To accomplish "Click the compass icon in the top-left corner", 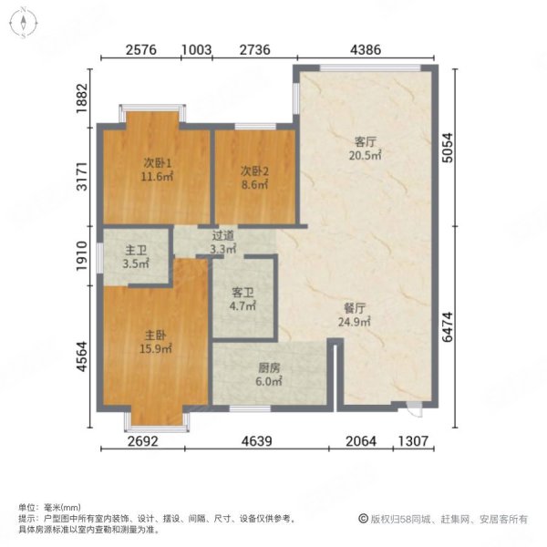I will point(24,24).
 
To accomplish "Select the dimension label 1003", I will point(197,52).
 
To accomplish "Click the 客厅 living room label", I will point(366,141).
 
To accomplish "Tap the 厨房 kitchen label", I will point(268,369).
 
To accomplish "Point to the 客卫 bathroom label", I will point(242,294).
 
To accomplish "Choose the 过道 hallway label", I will point(222,234).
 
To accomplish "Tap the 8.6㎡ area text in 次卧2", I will point(254,184).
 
